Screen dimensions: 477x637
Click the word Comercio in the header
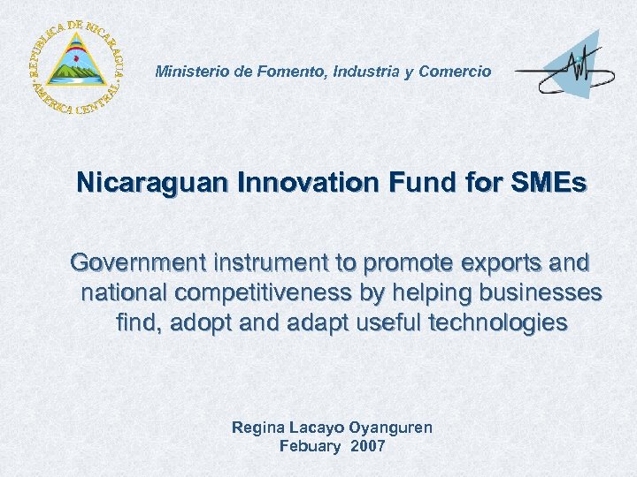452,72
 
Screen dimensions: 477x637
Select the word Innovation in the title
309,185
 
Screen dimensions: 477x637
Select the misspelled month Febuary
310,447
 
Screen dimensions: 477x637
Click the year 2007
368,447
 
